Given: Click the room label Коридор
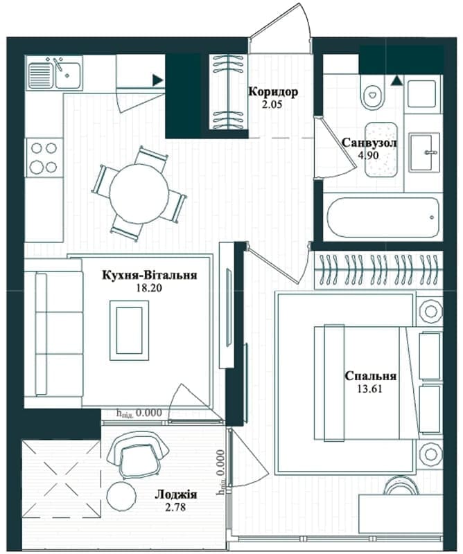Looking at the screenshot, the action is pos(273,92).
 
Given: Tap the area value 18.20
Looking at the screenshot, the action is pos(149,288).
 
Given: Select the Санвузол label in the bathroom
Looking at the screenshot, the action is pos(369,143).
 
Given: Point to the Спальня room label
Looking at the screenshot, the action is pos(370,376).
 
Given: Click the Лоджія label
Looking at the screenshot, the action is pos(176,494).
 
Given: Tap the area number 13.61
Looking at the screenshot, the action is pos(370,389).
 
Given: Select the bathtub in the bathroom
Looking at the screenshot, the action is pos(383,217).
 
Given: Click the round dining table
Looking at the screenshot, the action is pos(139,193).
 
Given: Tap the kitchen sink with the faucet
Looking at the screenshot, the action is pos(54,73).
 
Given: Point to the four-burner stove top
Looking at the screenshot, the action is pos(44,158).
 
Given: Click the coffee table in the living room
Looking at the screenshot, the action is pos(129,330).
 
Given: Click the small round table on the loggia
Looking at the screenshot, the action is pos(122,496).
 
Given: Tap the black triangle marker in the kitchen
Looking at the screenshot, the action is pos(157,80).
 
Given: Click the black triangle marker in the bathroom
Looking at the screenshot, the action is pos(396,80).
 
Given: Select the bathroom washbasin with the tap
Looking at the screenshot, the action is pos(424,152).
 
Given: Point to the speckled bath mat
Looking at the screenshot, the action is pos(381,150).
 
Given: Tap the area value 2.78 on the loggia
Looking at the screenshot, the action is pos(176,508).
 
